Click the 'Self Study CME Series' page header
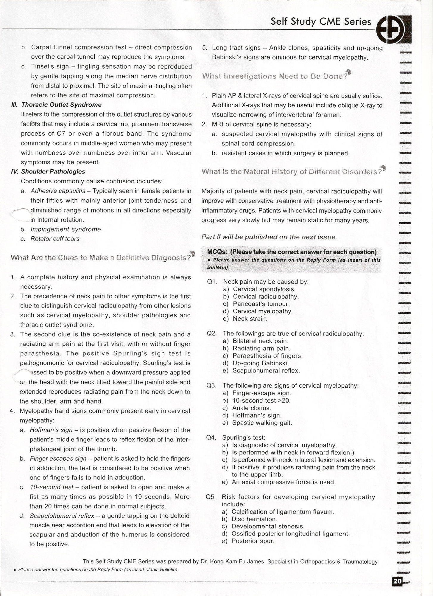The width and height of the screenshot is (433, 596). (x=321, y=22)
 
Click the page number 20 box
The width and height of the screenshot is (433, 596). (x=398, y=581)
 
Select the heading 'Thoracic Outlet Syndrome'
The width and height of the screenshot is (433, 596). (x=61, y=105)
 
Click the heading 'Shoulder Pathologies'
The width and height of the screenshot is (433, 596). (x=53, y=172)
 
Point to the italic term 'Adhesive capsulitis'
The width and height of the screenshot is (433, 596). (x=58, y=191)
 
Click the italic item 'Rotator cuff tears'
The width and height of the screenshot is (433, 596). (x=55, y=239)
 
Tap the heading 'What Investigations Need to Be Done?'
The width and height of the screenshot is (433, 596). (x=275, y=76)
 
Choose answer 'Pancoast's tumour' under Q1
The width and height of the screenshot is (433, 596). (x=261, y=304)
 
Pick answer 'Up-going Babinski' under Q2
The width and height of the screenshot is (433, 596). (x=261, y=363)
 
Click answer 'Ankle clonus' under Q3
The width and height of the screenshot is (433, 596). (x=251, y=408)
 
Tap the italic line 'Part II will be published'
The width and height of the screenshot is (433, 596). (x=269, y=237)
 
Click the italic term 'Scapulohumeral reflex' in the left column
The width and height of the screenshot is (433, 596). (x=62, y=516)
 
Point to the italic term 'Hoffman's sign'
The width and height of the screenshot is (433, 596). (x=51, y=430)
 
